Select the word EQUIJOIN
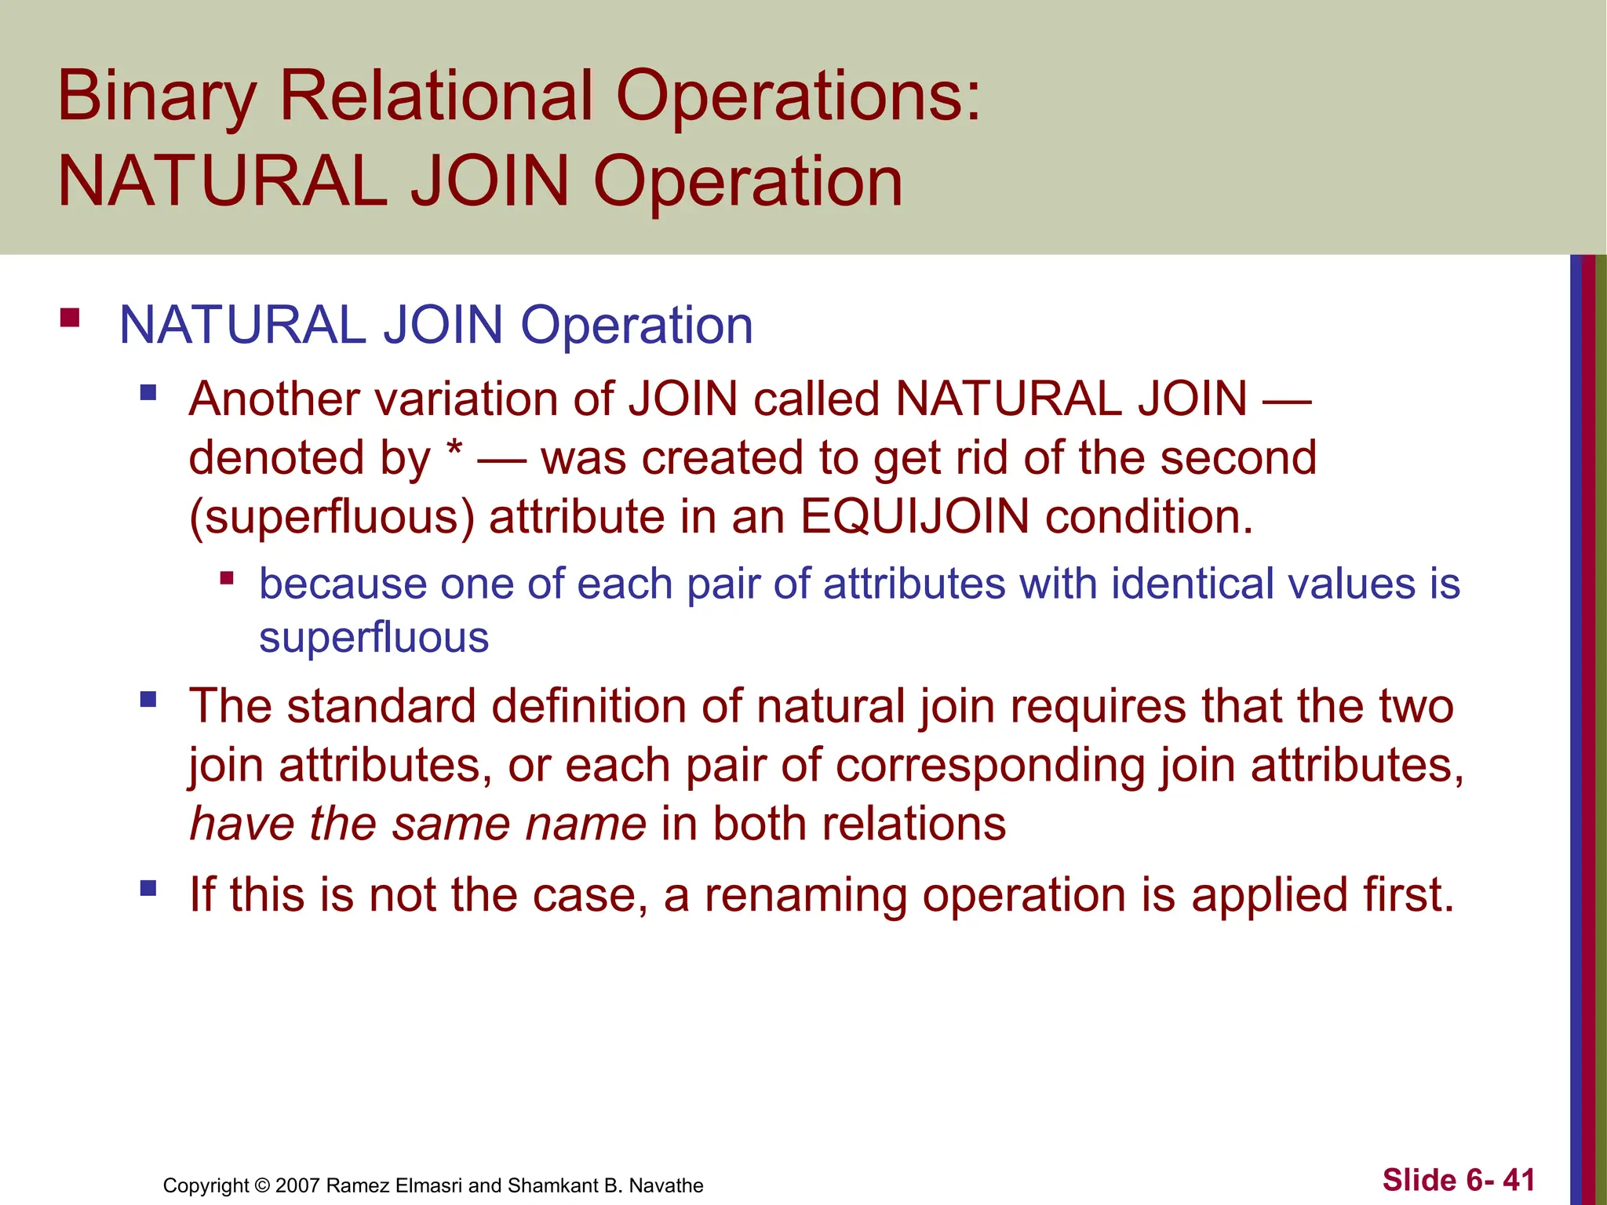click(x=914, y=517)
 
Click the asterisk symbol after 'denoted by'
click(x=454, y=453)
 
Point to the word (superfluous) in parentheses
click(x=332, y=518)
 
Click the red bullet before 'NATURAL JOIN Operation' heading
click(x=70, y=318)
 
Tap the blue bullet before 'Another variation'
click(x=148, y=391)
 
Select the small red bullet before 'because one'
click(x=227, y=579)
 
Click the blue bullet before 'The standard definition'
click(x=148, y=698)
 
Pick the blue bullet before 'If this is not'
click(x=148, y=888)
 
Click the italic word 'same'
click(x=450, y=825)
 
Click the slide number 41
click(x=1518, y=1180)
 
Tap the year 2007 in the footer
click(x=297, y=1185)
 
